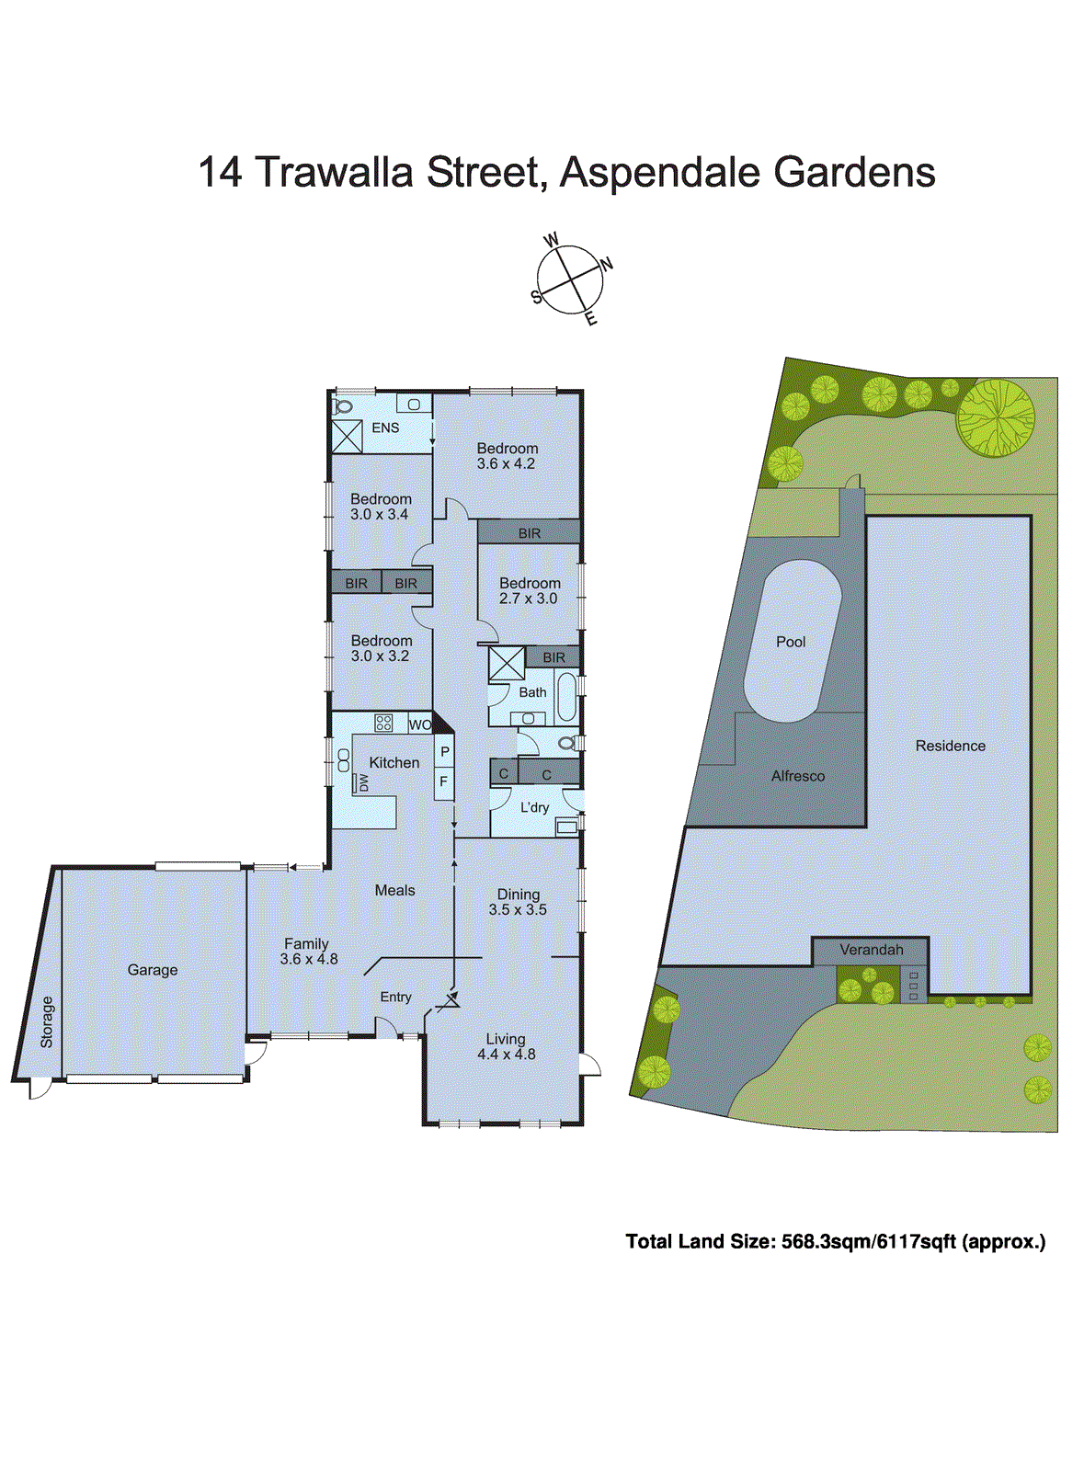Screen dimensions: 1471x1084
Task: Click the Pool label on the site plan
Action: pos(790,642)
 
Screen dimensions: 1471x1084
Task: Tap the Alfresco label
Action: pos(797,776)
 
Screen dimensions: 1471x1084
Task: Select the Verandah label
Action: pos(871,950)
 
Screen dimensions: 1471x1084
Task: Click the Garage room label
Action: pos(153,970)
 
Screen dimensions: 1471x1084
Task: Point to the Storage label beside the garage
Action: pos(47,1022)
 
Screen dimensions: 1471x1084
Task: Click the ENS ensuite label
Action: pos(385,428)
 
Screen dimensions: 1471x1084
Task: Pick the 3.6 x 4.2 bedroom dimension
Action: pos(506,464)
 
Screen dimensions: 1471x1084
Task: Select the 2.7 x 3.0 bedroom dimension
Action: pos(528,599)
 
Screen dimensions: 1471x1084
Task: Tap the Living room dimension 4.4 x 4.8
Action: pos(506,1055)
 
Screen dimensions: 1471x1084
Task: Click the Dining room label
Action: pos(519,894)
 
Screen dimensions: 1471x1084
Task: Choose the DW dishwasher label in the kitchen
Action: pos(363,782)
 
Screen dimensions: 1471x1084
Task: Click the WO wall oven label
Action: pos(419,724)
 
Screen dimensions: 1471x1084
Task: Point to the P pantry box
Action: pos(445,752)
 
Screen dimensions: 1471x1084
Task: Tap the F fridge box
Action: pos(444,782)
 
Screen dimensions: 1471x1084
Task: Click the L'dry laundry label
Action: pos(534,807)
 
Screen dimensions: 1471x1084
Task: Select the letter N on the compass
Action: pos(606,265)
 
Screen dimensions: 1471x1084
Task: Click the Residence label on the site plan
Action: pos(950,746)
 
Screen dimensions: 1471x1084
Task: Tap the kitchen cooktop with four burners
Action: pos(383,723)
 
